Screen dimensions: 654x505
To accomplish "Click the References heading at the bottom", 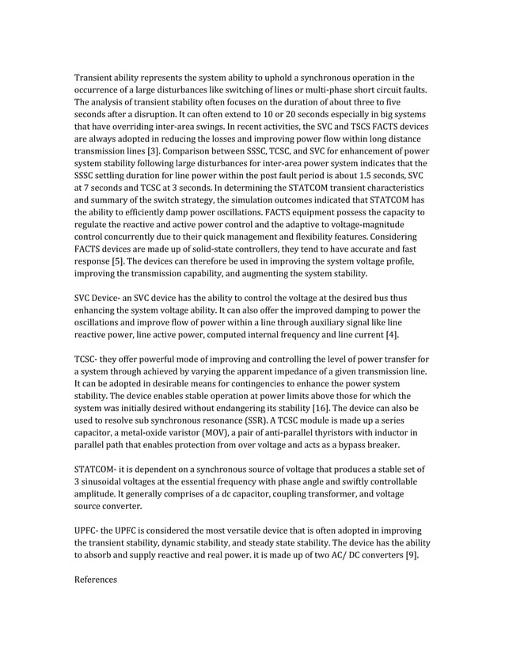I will pos(95,580).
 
